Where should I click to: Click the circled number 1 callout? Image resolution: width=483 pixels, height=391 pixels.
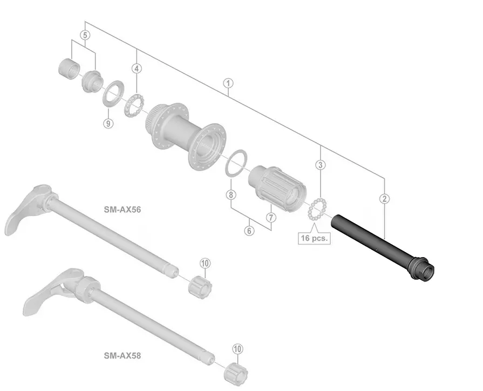coord(228,83)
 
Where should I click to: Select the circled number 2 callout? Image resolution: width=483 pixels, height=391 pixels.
coord(384,199)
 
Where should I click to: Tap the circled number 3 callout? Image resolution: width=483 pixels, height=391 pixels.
coord(321,165)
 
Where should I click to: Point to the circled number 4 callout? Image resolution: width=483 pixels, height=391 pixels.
coord(137,69)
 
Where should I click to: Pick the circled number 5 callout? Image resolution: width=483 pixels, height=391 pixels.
coord(85,35)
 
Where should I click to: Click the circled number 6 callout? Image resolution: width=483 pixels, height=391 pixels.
coord(249,231)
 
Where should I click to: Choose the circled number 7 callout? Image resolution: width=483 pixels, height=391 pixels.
coord(271,218)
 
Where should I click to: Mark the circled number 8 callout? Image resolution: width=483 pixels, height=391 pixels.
coord(231,194)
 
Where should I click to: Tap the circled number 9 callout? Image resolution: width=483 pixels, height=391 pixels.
coord(108,124)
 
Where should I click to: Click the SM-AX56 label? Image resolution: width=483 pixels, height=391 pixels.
coord(123,210)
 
